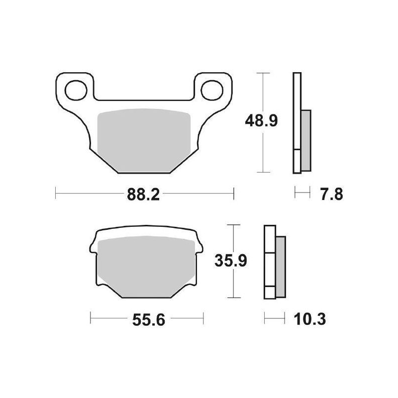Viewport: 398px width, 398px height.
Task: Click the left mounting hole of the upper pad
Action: tap(75, 90)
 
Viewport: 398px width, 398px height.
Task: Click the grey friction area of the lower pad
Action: tap(147, 266)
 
